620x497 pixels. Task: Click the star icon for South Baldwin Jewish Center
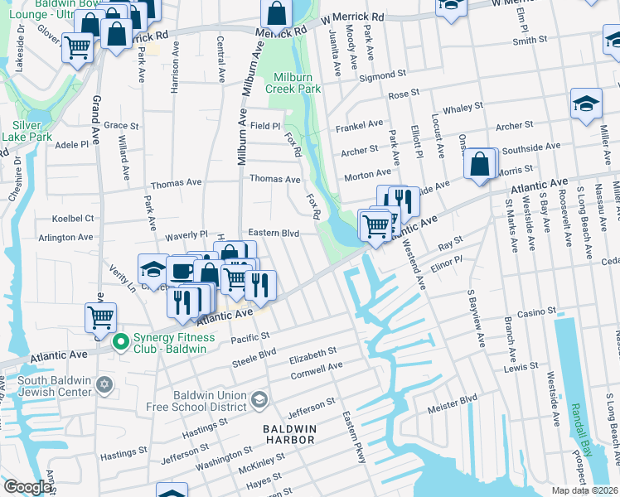104,385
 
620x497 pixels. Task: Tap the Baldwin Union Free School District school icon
259,400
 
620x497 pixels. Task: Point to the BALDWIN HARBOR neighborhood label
289,433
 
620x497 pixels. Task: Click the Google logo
27,487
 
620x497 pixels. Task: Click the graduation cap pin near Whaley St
586,105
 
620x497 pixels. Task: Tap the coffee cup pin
182,271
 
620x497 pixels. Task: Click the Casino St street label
535,311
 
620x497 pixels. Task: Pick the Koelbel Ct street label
72,219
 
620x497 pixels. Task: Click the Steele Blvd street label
254,357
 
